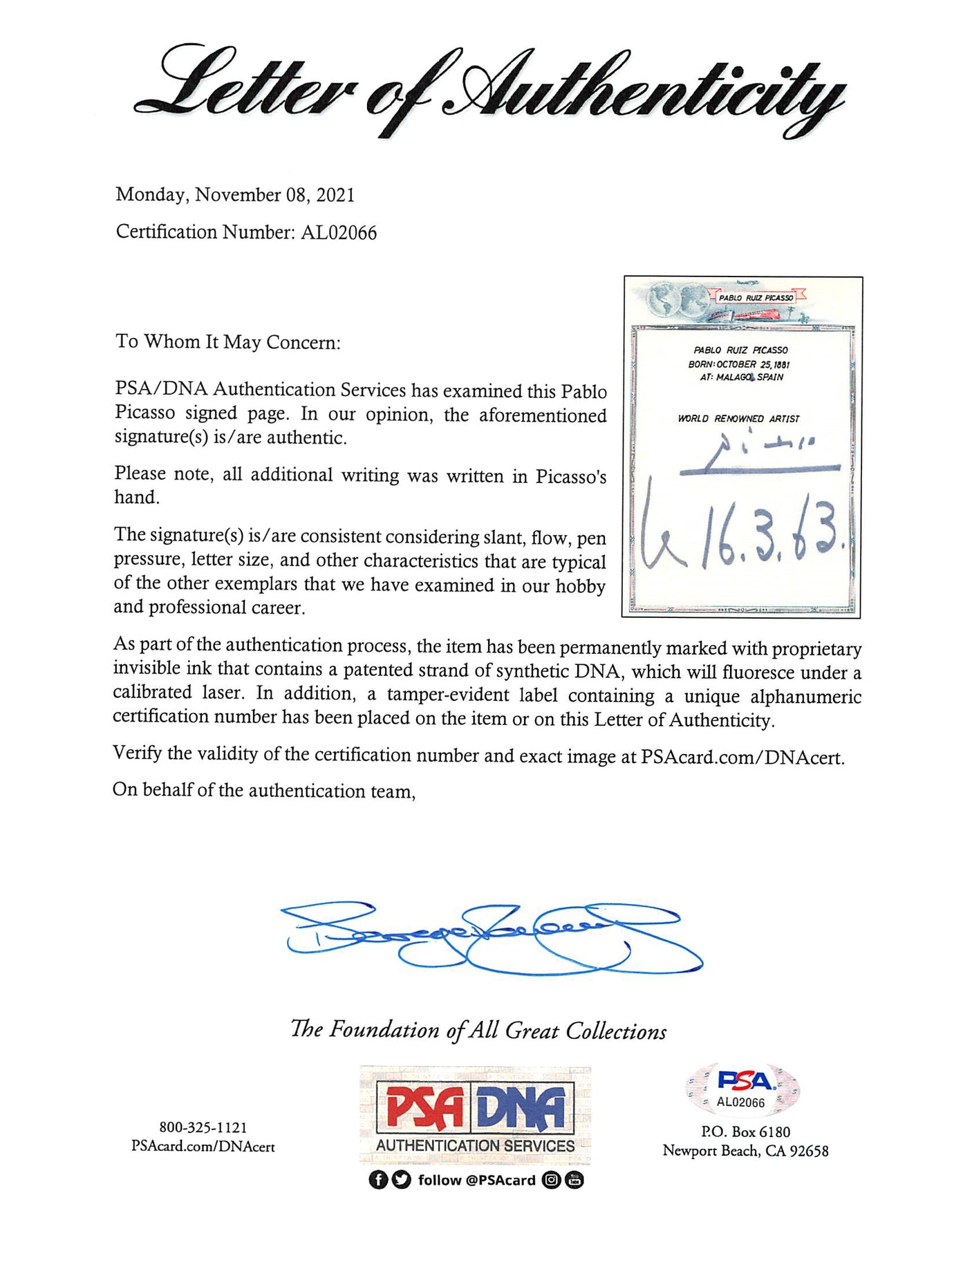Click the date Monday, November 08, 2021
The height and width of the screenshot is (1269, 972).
235,195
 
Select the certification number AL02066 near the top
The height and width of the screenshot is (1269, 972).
339,233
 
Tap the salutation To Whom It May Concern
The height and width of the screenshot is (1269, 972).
228,342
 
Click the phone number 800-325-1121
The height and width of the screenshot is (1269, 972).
203,1127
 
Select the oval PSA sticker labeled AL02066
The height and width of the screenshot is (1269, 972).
742,1088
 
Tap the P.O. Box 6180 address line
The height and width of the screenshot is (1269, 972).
745,1131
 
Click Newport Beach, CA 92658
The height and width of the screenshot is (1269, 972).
745,1151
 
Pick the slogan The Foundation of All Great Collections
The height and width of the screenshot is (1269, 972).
478,1031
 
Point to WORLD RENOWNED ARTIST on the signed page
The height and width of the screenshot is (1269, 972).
738,419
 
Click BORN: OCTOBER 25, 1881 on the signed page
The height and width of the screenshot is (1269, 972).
738,364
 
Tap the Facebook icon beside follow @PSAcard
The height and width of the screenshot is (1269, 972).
377,1180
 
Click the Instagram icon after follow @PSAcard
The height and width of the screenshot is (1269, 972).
551,1180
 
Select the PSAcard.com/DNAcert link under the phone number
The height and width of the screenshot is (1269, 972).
203,1147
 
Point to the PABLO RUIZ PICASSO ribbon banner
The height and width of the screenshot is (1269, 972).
755,298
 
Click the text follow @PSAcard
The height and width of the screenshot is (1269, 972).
476,1180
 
